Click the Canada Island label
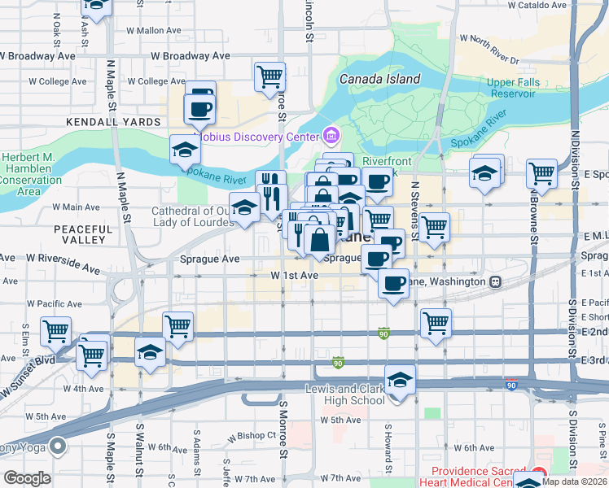tap(379, 80)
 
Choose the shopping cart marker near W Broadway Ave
tap(269, 78)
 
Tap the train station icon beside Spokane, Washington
tap(494, 281)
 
